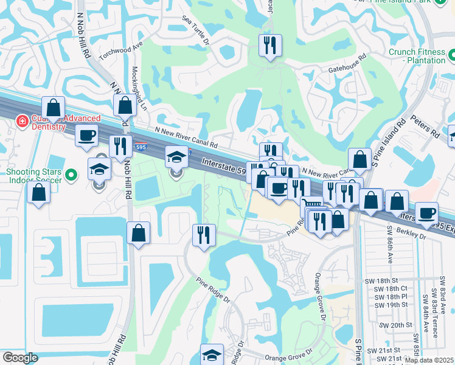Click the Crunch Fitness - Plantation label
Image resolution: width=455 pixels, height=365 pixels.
417,56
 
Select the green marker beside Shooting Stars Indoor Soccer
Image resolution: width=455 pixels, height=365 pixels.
71,176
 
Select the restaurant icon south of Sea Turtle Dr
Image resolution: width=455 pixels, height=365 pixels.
269,45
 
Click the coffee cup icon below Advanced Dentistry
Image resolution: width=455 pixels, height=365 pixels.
86,135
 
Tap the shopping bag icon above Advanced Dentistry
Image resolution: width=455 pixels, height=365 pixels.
54,107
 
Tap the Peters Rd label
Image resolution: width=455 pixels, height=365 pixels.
425,127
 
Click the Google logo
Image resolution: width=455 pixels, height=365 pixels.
20,358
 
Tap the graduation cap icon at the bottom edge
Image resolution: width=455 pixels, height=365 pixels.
212,354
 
